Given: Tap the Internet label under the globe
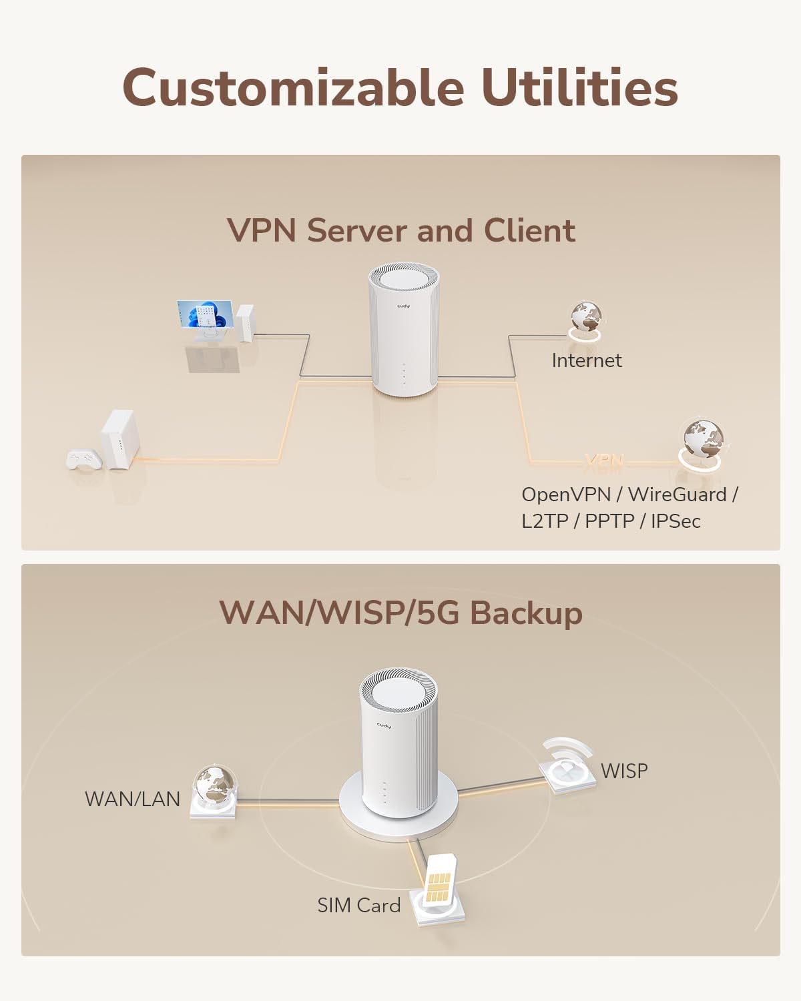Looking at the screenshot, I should (586, 360).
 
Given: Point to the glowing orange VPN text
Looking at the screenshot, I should (603, 460).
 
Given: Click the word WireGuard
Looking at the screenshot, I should (677, 494).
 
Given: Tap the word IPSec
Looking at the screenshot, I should (676, 521).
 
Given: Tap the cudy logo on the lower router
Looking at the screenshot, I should (383, 725).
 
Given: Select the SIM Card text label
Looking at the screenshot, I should (358, 906).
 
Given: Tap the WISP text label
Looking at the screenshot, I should (624, 771).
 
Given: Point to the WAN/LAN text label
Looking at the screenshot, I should (132, 799).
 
